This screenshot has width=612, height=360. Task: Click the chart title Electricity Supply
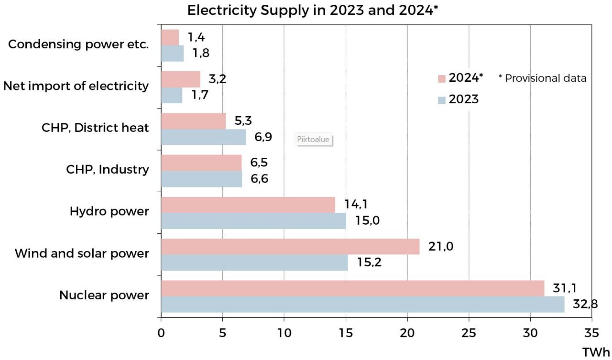[313, 11]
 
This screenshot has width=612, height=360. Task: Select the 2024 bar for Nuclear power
[352, 288]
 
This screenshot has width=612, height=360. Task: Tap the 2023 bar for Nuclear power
[362, 305]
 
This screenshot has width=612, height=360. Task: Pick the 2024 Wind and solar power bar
[290, 247]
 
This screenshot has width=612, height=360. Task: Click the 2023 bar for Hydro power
[253, 221]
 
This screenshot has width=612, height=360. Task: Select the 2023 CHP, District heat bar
[203, 137]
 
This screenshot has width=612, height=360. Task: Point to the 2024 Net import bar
[181, 79]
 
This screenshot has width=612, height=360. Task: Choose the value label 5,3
[244, 121]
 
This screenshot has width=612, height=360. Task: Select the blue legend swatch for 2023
[441, 100]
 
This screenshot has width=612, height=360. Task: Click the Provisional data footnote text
[542, 78]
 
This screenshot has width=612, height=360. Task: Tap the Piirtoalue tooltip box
[314, 140]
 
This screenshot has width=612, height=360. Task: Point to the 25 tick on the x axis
[469, 333]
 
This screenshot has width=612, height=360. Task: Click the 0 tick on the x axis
[161, 333]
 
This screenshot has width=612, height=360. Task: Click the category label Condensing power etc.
[79, 44]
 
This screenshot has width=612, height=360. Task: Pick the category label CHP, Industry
[107, 170]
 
